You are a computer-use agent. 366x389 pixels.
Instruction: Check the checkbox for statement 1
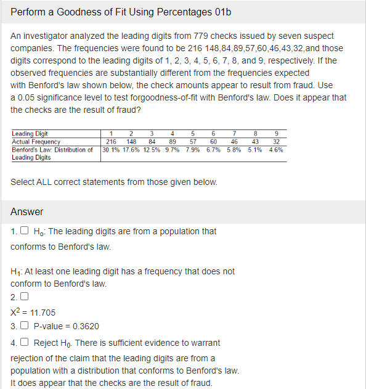click(24, 232)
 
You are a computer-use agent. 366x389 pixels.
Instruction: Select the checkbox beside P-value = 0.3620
click(24, 326)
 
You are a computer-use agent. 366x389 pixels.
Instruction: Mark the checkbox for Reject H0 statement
click(24, 343)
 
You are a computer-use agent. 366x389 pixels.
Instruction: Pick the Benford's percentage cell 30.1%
click(111, 149)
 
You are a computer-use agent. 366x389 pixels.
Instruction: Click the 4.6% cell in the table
click(276, 149)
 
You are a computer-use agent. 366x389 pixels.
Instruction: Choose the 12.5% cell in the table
click(152, 149)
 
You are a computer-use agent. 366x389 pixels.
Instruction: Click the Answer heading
click(27, 211)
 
